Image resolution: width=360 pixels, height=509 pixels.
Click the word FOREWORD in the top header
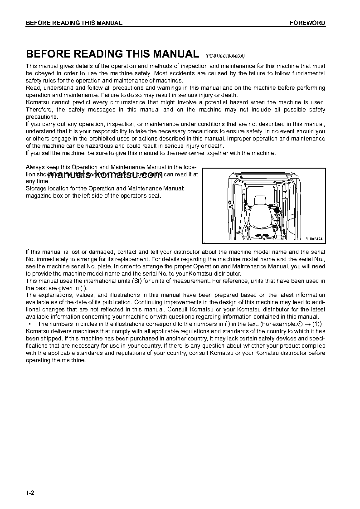[x=307, y=23]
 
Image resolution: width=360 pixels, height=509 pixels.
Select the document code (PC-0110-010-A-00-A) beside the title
[x=225, y=56]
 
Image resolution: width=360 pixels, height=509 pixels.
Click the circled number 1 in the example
[x=300, y=324]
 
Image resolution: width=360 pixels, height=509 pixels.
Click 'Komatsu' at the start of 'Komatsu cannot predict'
[x=37, y=102]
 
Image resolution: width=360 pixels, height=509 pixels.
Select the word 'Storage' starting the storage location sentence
[x=36, y=188]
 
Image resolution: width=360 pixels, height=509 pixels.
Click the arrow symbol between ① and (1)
[x=307, y=324]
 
